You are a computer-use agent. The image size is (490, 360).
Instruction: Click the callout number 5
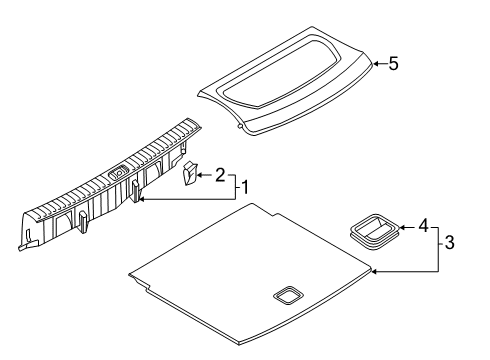coord(393,63)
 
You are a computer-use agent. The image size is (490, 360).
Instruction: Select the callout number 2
coord(220,175)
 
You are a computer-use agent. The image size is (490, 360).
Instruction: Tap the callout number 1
coord(245,187)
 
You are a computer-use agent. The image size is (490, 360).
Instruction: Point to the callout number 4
coord(423,226)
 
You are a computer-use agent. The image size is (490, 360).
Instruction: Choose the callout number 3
coord(449,242)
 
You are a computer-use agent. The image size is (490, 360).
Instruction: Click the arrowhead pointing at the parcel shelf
coord(375,63)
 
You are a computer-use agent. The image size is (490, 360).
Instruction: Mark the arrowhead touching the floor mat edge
coord(374,272)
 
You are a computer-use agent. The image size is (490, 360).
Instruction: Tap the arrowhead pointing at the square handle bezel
coord(402,228)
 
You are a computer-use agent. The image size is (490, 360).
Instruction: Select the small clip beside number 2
coord(190,172)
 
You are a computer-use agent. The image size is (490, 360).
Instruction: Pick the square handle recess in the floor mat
coord(288,295)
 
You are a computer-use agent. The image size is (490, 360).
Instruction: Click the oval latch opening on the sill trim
coord(118,172)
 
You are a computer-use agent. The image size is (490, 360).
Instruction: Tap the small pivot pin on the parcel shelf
coord(239,126)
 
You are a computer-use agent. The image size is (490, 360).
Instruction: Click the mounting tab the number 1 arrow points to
coord(135,191)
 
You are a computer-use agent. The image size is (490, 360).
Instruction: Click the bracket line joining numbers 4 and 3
coord(438,250)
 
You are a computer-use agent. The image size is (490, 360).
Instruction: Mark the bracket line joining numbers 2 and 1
coord(236,187)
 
